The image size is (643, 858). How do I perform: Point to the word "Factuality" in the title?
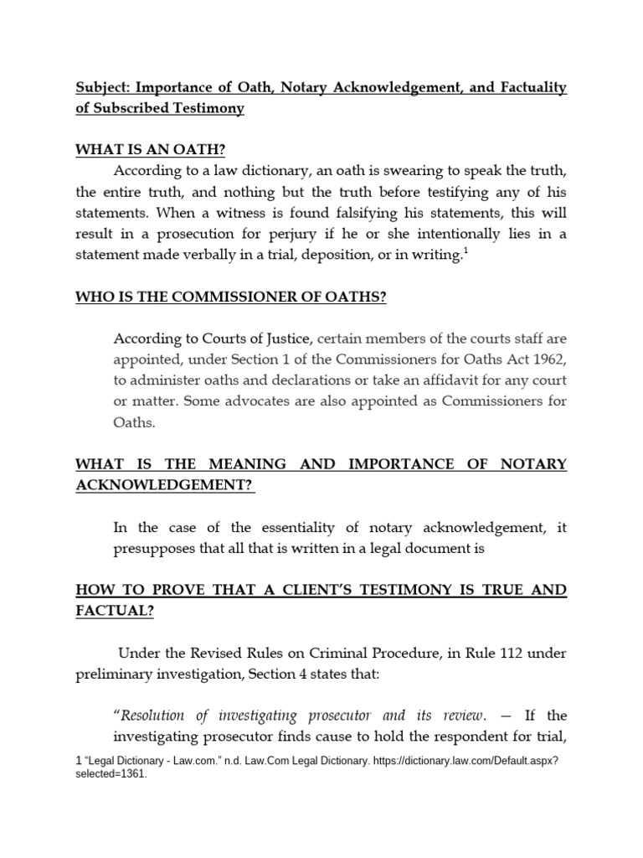point(527,88)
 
